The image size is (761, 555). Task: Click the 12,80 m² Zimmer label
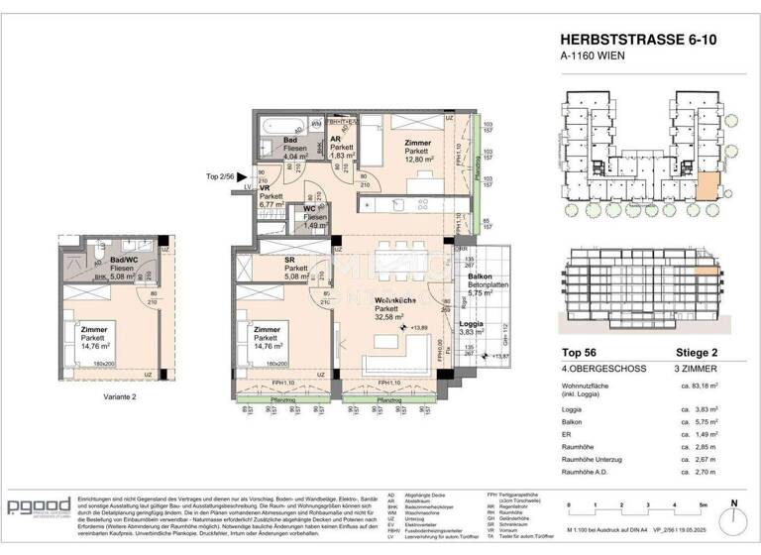pos(420,151)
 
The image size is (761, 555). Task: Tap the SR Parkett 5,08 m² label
pos(296,267)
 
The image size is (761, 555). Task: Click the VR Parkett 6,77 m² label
pos(271,198)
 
